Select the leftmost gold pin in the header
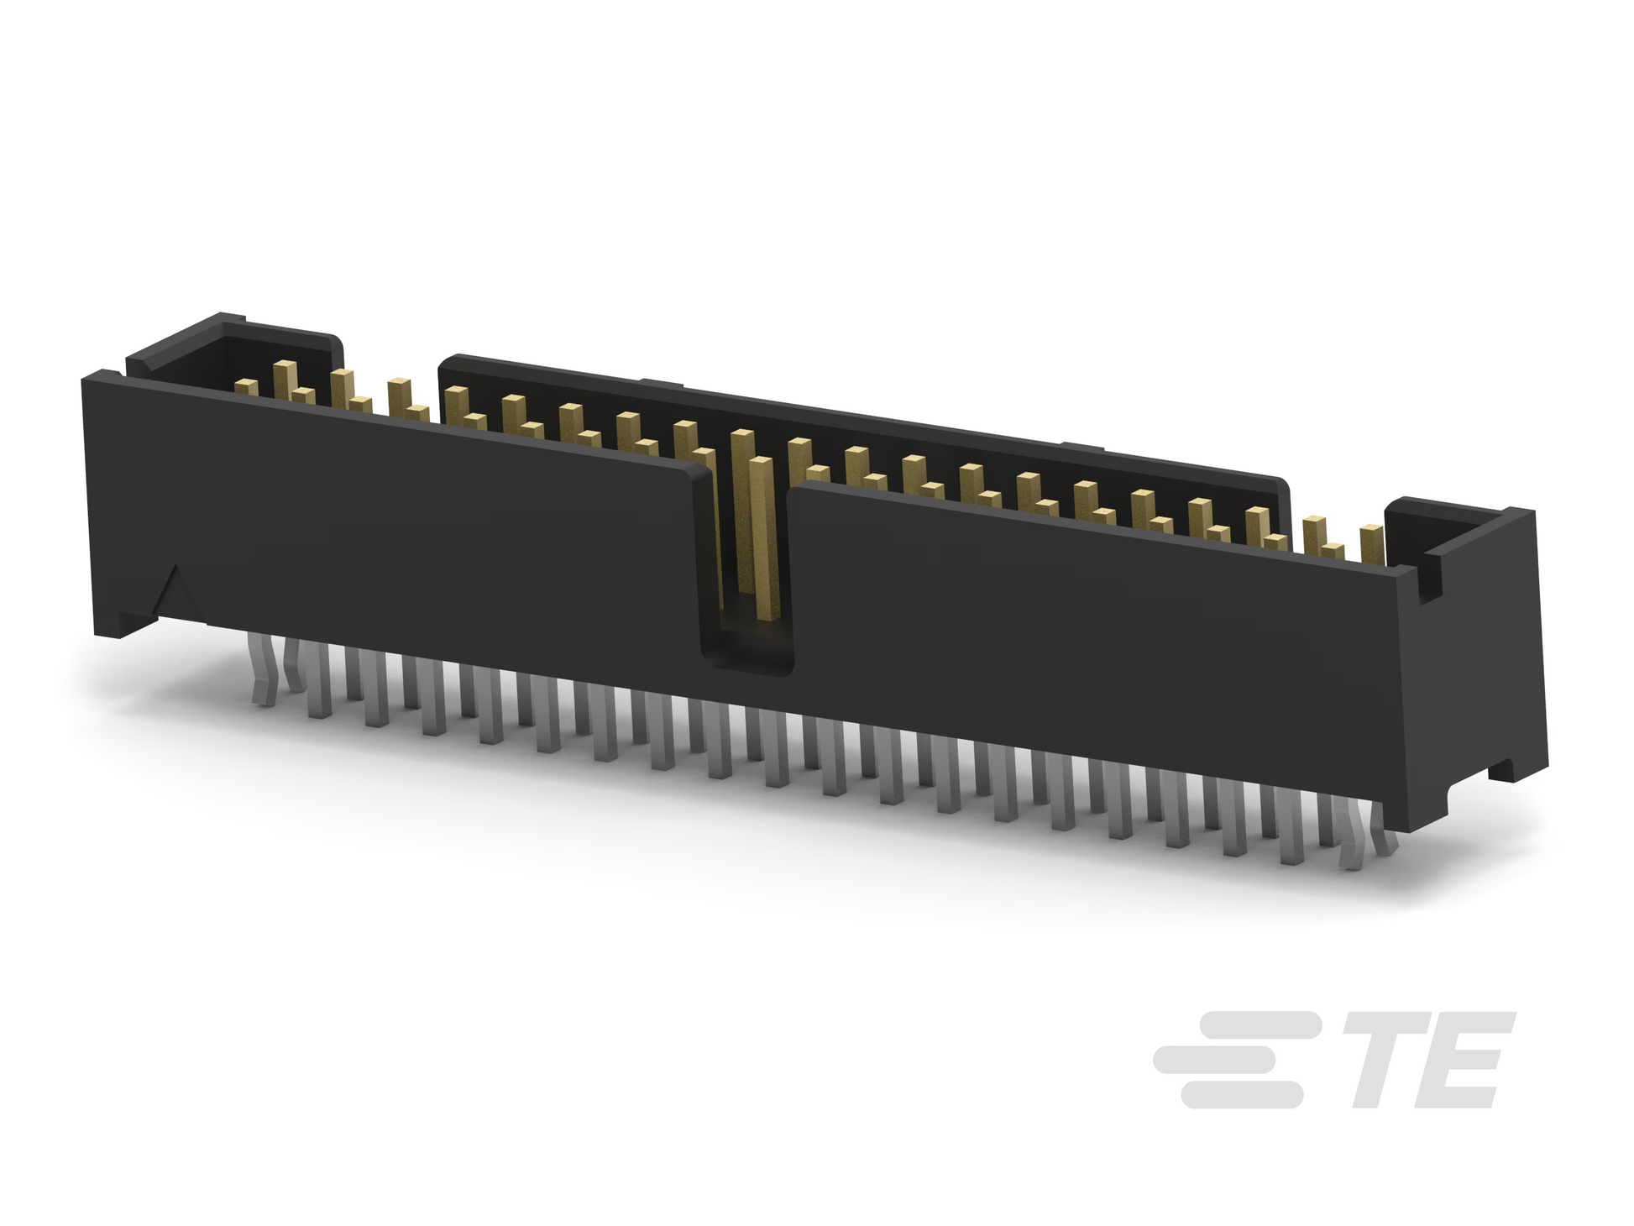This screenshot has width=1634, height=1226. click(246, 385)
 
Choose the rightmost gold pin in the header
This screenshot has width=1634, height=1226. click(1371, 544)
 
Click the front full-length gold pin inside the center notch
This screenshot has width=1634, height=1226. click(761, 537)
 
